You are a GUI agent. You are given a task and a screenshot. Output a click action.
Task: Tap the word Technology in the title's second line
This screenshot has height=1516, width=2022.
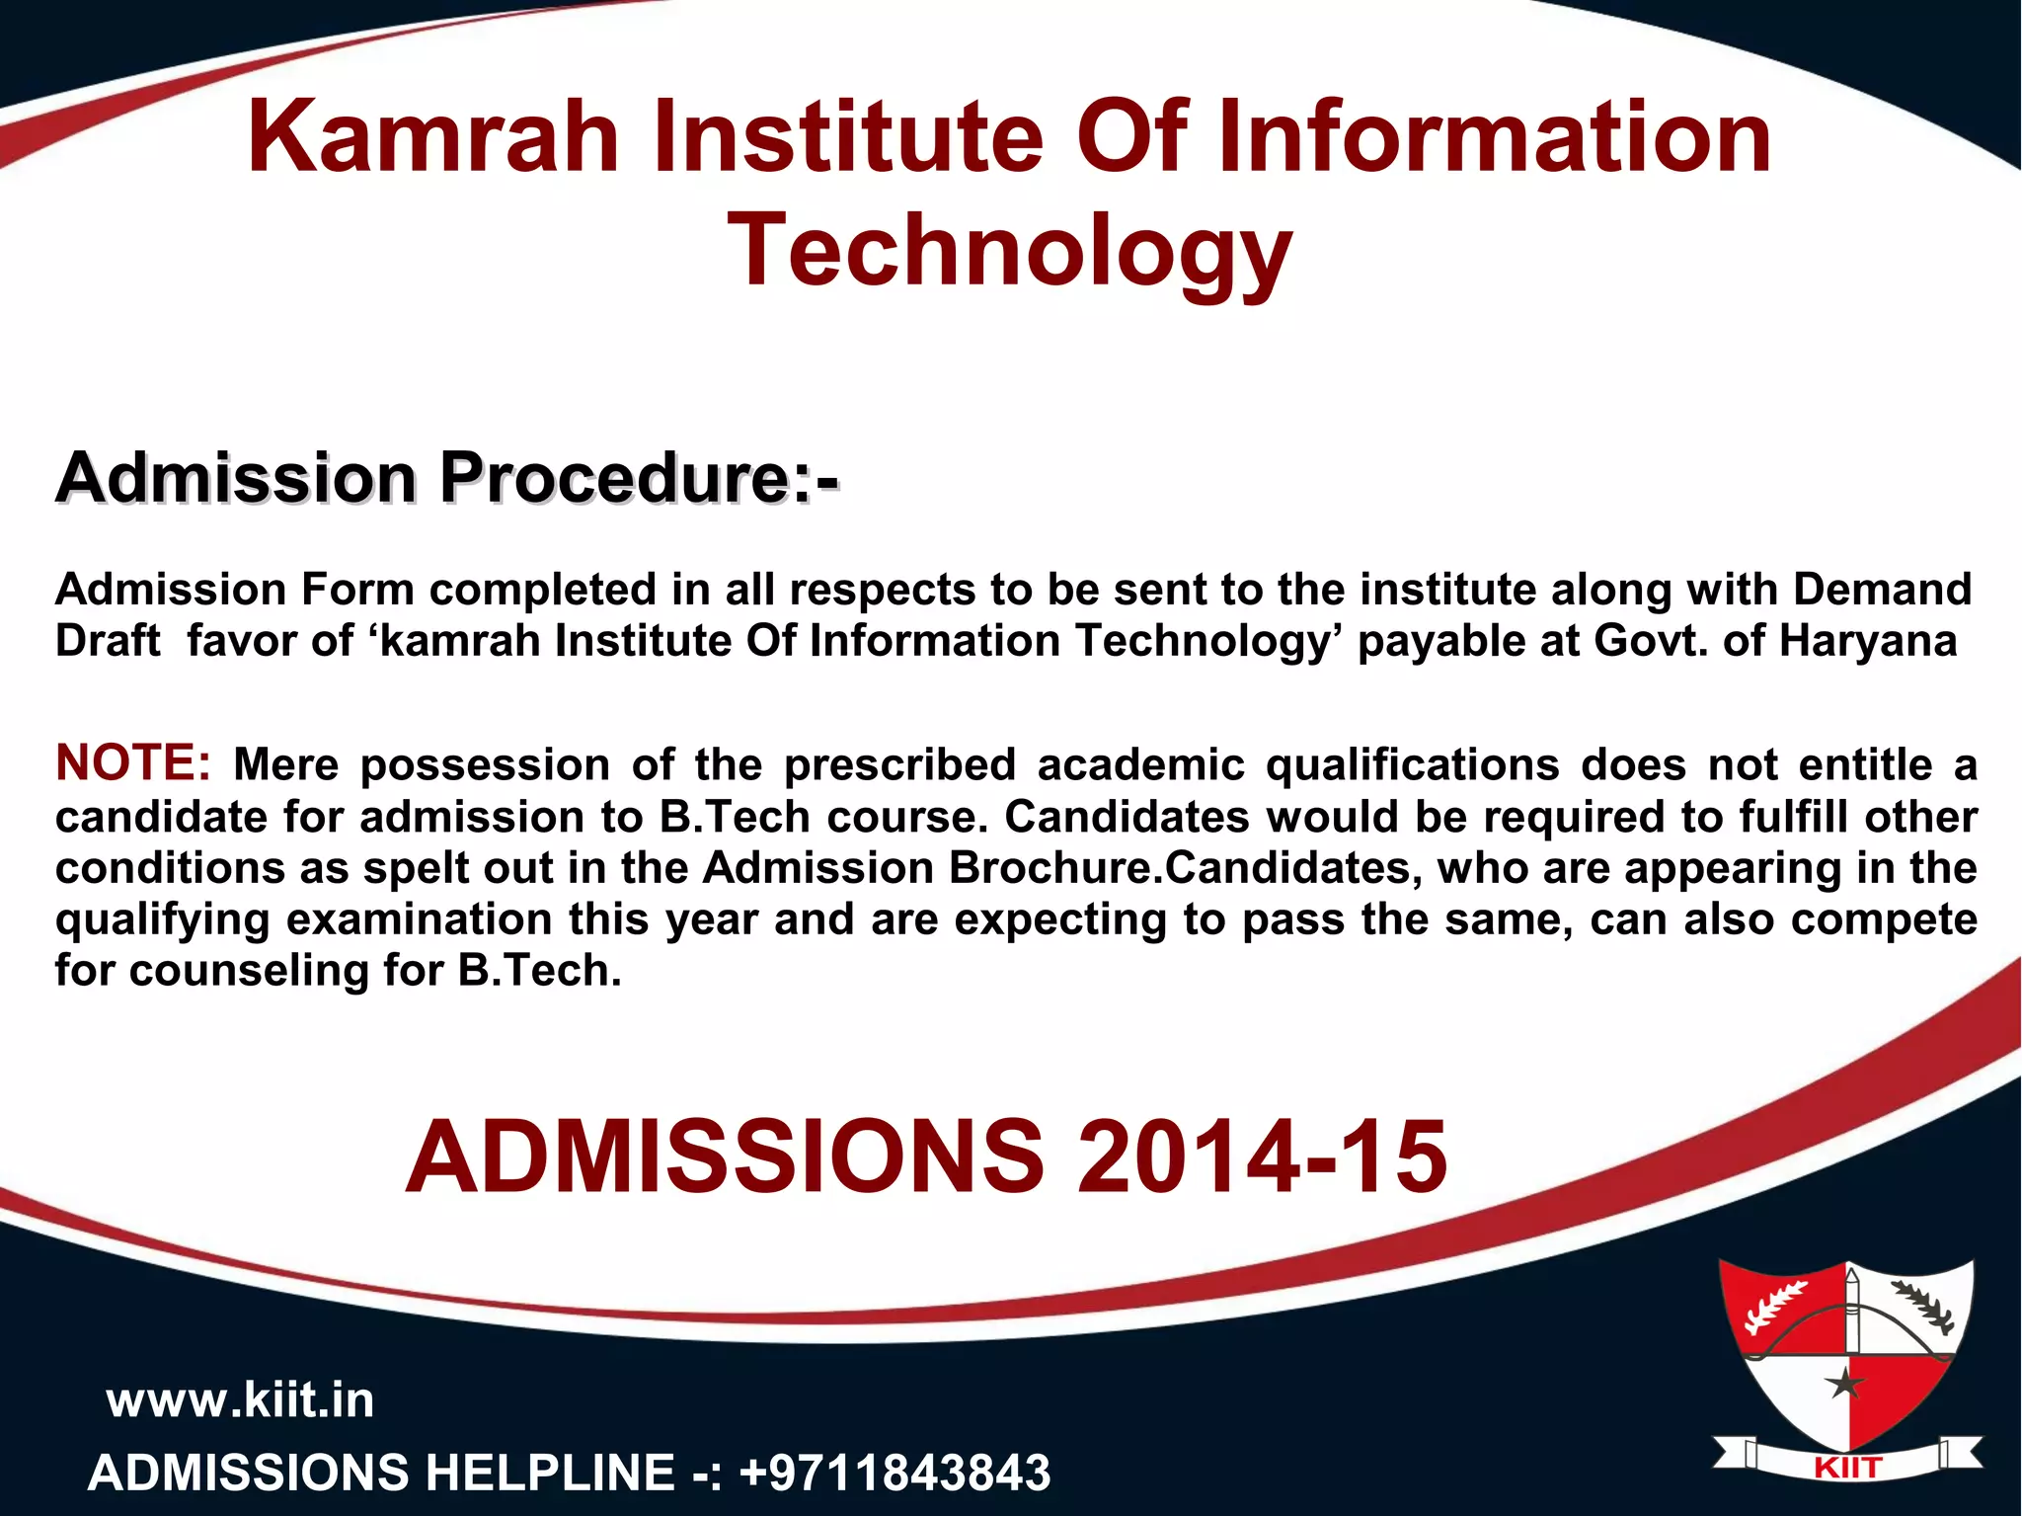(1009, 252)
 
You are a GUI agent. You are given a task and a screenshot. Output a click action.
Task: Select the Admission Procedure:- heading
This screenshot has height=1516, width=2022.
(446, 479)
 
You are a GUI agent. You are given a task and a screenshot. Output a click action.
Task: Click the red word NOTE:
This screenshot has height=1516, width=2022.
(133, 763)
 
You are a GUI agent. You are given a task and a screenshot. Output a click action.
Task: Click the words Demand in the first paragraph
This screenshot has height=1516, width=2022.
(1882, 590)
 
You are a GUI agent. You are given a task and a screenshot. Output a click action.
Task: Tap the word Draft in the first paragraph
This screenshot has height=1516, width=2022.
(107, 641)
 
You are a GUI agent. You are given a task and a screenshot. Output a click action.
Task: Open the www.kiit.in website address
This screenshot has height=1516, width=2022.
(240, 1400)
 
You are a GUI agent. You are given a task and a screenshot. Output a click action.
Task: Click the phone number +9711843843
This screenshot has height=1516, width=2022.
(894, 1473)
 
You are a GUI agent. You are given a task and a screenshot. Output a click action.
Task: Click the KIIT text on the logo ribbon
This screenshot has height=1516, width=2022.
(1847, 1469)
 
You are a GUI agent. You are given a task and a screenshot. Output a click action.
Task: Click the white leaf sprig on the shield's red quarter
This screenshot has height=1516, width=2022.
(1776, 1306)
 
